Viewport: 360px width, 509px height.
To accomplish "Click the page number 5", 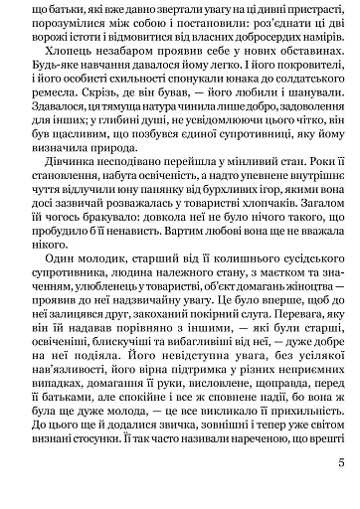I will pyautogui.click(x=339, y=489).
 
